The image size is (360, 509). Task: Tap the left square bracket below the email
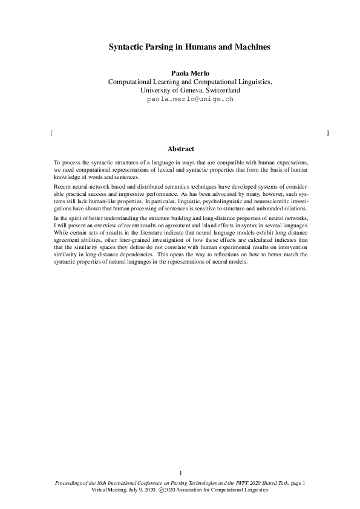[53, 132]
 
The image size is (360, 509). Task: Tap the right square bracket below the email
[327, 132]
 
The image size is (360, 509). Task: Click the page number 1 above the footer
[180, 472]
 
